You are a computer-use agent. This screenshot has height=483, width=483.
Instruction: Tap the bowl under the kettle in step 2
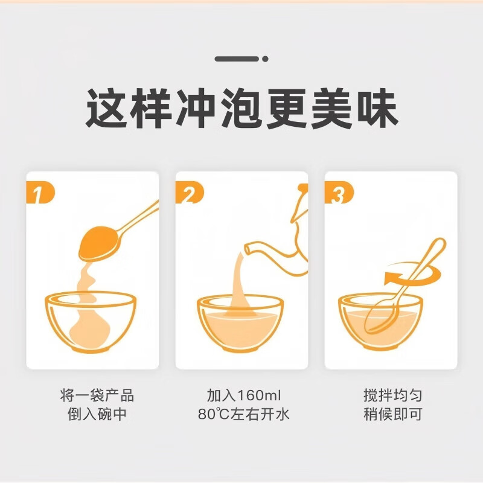(x=240, y=323)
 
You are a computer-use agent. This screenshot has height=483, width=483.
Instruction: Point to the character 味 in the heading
(x=376, y=109)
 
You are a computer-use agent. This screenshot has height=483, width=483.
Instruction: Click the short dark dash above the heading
(x=232, y=59)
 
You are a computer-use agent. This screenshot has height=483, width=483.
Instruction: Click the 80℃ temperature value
(x=211, y=415)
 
